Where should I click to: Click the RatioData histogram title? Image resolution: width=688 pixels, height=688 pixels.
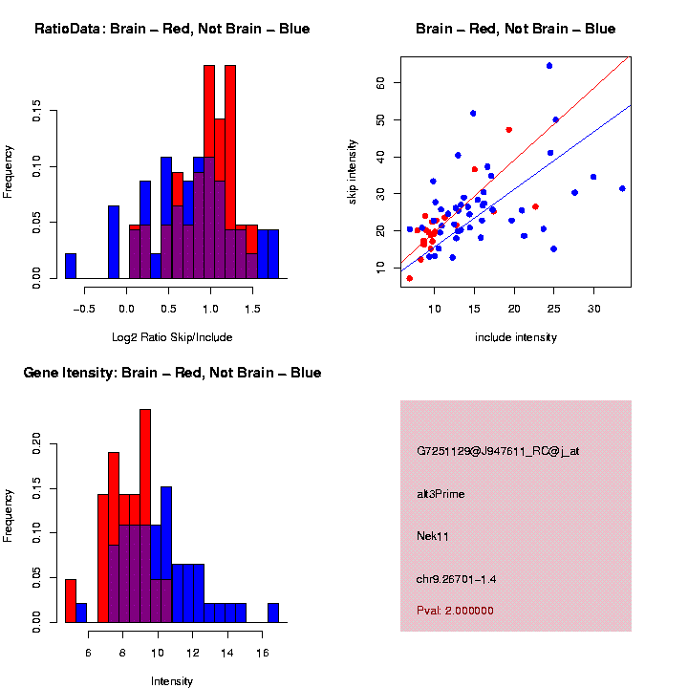point(172,29)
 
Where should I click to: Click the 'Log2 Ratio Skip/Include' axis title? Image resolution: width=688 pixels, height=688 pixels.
point(172,337)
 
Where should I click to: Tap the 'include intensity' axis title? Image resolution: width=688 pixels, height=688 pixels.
point(515,337)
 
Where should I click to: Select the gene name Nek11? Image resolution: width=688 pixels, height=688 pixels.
point(433,536)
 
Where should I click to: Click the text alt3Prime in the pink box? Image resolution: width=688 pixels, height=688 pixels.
point(441,494)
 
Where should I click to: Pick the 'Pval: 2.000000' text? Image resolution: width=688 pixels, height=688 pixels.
point(455,611)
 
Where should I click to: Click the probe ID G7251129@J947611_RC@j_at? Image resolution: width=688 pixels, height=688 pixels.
point(497,451)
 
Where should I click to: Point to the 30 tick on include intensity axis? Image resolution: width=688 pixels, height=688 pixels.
point(593,309)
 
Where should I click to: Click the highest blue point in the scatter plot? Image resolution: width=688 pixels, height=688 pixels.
point(549,66)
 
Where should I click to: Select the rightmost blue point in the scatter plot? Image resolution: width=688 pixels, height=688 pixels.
point(622,188)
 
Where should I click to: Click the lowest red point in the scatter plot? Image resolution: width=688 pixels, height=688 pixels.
point(410,278)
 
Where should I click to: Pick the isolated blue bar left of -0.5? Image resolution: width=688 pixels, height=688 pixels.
point(71,266)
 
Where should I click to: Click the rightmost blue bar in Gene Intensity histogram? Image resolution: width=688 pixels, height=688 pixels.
point(273,613)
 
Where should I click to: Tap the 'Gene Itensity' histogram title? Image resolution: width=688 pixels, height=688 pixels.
point(172,373)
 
